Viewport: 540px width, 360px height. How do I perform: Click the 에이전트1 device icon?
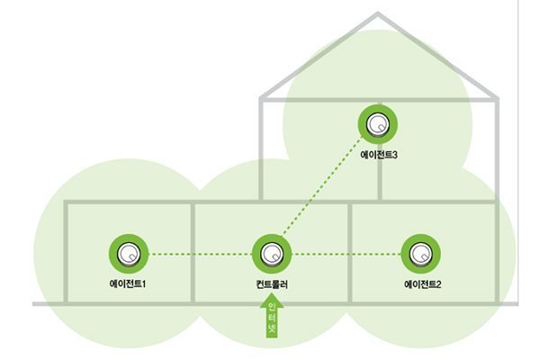[129, 254]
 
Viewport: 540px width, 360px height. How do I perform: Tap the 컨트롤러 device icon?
[271, 254]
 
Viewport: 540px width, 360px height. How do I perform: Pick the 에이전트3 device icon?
[379, 124]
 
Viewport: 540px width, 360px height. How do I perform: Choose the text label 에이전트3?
[379, 155]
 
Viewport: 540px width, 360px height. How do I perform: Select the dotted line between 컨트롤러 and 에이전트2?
[346, 254]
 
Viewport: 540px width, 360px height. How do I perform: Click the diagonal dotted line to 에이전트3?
[324, 189]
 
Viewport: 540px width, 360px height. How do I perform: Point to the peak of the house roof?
[378, 13]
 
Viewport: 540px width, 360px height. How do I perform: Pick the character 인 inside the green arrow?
[271, 308]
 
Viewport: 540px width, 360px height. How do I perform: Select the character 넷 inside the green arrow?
[271, 329]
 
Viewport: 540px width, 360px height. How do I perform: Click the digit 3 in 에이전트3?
[394, 155]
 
